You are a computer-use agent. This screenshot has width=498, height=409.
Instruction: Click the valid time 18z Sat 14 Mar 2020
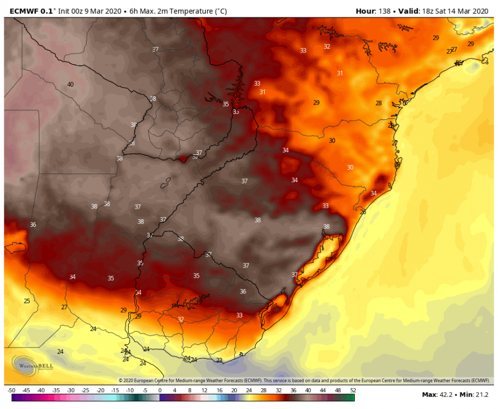pos(456,11)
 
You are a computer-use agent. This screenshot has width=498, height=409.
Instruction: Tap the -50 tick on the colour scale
pos(11,390)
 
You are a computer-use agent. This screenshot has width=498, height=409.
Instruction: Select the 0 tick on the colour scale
pos(160,390)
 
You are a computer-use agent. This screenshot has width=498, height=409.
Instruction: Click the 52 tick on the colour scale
pos(353,390)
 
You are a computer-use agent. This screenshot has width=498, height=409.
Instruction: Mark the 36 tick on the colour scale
pos(293,390)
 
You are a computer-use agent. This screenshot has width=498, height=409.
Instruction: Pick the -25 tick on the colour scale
pos(86,390)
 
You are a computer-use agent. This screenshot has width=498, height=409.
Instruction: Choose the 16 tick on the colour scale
pos(219,390)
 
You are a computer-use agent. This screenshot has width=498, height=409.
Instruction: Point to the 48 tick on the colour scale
pos(338,390)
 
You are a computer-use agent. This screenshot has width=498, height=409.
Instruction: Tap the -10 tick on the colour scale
pos(130,390)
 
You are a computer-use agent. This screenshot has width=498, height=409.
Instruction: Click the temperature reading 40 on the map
pos(70,84)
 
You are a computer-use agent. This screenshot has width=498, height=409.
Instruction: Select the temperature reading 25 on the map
pos(27,300)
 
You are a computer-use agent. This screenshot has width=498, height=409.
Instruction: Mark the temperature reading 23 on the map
pos(219,360)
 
